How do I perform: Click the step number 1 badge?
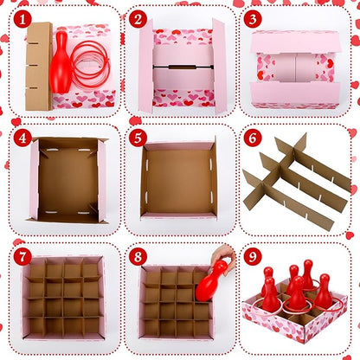[x=22, y=19]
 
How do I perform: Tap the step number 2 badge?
[x=138, y=19]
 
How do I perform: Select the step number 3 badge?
[x=252, y=19]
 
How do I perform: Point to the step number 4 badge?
[x=22, y=138]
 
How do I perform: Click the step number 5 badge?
[x=138, y=138]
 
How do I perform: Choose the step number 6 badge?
[x=252, y=138]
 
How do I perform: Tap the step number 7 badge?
[x=22, y=256]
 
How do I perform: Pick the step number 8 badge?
[x=138, y=256]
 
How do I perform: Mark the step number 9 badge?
[x=252, y=256]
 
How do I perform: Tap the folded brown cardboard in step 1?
[x=38, y=66]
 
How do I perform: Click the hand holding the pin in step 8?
[x=222, y=256]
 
